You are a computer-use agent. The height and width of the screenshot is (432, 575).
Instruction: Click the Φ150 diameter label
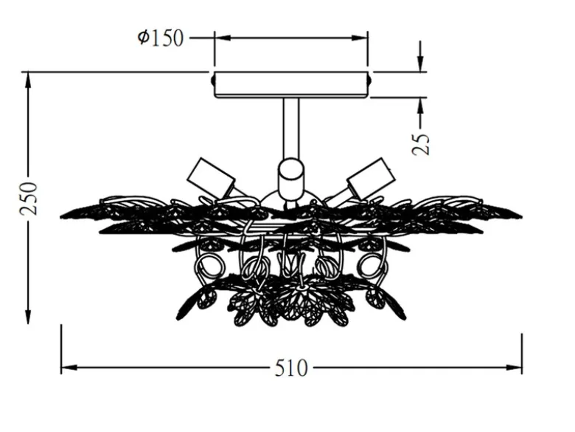tap(160, 38)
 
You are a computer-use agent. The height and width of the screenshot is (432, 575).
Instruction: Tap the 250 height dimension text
tap(29, 199)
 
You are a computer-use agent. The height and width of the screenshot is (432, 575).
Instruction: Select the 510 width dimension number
tap(291, 368)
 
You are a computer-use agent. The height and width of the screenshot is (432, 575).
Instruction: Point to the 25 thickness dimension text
tap(421, 144)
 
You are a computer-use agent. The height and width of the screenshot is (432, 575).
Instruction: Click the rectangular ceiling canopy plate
tap(290, 85)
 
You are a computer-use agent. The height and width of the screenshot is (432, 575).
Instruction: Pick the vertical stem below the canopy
tap(290, 129)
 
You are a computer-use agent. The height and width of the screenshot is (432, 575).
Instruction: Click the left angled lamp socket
tap(212, 178)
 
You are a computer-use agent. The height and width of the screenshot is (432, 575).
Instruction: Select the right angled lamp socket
tap(369, 178)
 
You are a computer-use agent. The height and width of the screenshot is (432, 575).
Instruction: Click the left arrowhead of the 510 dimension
tap(69, 367)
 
